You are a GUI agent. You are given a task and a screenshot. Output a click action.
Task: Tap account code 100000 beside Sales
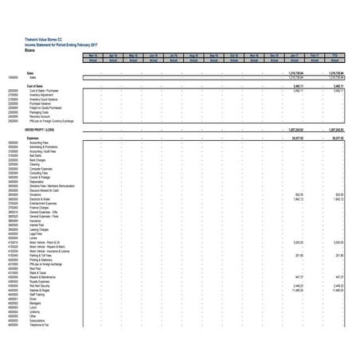click(13, 77)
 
